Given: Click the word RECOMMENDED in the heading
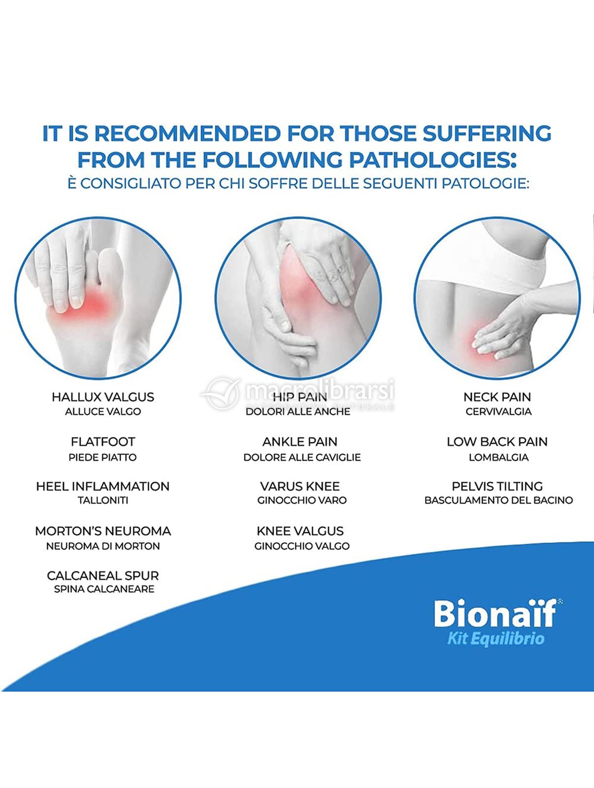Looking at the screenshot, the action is (187, 133).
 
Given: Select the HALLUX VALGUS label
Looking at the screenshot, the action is (103, 397).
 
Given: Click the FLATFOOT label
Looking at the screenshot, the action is (103, 442).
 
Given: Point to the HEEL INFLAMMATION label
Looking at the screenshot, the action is (103, 487).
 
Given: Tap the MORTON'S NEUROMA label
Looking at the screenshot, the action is (103, 531).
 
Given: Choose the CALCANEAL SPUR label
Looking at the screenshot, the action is (103, 575).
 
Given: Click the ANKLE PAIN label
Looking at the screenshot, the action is (300, 442).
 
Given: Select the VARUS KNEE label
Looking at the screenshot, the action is (300, 487).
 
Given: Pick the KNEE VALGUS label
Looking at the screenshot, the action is (300, 531).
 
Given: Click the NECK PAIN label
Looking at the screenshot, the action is (497, 397).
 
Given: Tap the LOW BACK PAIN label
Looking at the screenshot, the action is (497, 442).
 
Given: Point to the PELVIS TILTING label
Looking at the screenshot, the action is (497, 487).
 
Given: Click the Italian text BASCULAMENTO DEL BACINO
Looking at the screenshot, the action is (498, 500).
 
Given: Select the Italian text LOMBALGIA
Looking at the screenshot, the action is (498, 458).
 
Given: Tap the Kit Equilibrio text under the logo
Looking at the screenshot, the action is (496, 640).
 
